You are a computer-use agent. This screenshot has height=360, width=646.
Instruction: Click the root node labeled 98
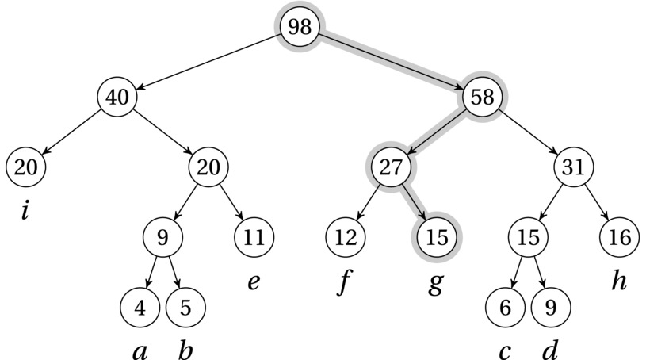click(300, 27)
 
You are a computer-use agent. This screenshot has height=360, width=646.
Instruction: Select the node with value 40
click(119, 97)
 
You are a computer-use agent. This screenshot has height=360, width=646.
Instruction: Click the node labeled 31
click(573, 167)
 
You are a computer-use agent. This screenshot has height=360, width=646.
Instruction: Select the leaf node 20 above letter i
click(25, 167)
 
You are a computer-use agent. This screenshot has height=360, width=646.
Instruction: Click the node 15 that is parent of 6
click(528, 236)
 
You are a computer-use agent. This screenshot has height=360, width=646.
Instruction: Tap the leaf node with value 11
click(254, 236)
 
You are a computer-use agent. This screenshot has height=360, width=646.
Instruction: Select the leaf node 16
click(619, 236)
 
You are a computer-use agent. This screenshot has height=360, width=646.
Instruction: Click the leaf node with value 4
click(140, 306)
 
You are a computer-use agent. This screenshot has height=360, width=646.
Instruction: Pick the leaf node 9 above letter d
click(550, 306)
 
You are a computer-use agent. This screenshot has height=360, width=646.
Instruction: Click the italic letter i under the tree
click(25, 211)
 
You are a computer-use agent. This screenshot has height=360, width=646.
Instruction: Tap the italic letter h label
click(619, 281)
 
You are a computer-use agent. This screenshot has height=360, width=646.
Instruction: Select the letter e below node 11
click(254, 281)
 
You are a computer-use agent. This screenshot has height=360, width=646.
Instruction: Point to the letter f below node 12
click(343, 281)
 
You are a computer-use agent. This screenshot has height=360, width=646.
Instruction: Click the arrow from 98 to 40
click(209, 62)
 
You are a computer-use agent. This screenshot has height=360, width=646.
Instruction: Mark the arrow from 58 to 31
click(529, 132)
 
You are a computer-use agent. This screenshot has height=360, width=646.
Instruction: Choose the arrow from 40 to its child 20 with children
click(164, 132)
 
